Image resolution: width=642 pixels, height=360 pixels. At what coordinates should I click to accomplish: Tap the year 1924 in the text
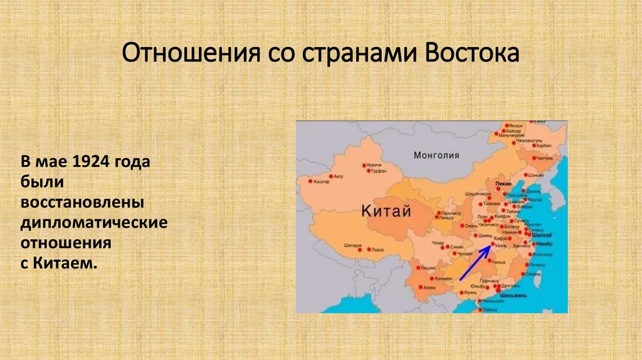92,162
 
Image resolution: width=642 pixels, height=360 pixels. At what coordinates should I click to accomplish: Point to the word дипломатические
94,223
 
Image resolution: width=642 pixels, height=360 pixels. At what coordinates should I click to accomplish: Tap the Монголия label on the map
436,155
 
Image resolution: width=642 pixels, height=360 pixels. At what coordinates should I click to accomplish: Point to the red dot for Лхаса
368,249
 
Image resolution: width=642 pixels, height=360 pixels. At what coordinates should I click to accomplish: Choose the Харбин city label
544,146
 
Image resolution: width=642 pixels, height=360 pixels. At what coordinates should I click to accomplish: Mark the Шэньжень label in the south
513,295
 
